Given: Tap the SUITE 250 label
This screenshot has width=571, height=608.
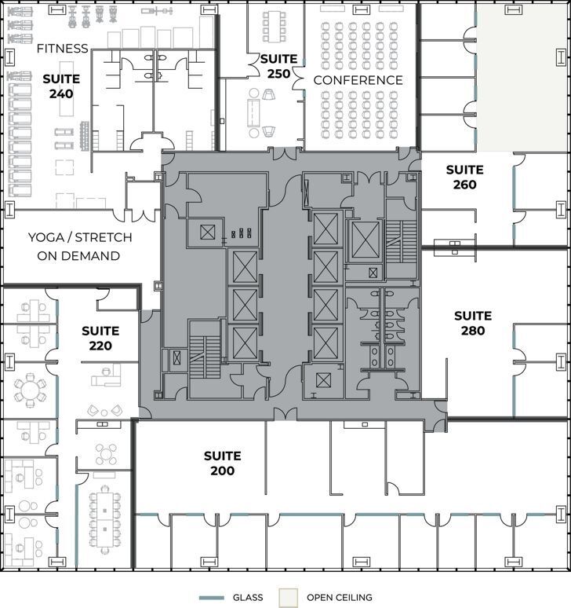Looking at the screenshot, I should coord(278,67).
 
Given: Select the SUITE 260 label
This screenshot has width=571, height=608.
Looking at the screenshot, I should coord(464,178).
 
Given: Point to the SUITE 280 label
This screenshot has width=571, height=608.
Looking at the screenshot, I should coord(473,323).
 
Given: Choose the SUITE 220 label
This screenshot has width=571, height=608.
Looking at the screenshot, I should coord(100,339).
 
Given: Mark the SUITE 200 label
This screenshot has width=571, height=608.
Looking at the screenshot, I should coord(222,463).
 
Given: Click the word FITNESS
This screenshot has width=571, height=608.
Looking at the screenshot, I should coord(63,49).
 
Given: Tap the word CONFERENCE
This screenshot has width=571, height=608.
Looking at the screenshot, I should coord(358,80).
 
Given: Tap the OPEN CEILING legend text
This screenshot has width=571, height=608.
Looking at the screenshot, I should coord(340,598).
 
